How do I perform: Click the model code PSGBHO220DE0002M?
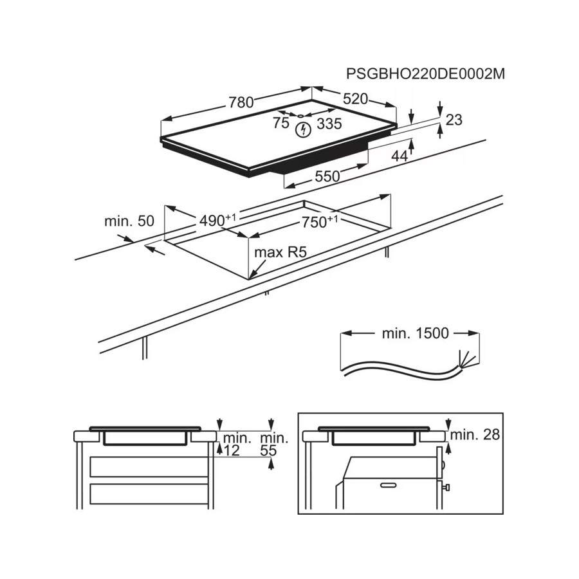click(x=425, y=74)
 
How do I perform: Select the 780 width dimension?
click(x=241, y=102)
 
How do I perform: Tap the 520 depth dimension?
click(x=356, y=99)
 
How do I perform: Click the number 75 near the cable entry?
click(x=281, y=123)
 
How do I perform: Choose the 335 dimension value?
click(x=329, y=124)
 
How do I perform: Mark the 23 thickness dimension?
click(x=454, y=120)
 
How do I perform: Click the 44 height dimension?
click(x=399, y=156)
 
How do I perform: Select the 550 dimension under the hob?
click(x=327, y=176)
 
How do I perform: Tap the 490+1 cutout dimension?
click(x=217, y=220)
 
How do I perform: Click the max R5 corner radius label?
click(x=280, y=253)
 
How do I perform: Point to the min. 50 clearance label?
click(x=129, y=221)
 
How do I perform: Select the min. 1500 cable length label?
click(x=416, y=333)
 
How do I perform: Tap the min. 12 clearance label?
click(x=237, y=444)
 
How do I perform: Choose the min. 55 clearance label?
click(x=274, y=444)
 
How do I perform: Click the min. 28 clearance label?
click(x=475, y=435)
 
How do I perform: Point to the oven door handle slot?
click(x=388, y=485)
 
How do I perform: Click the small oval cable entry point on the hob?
click(x=300, y=116)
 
